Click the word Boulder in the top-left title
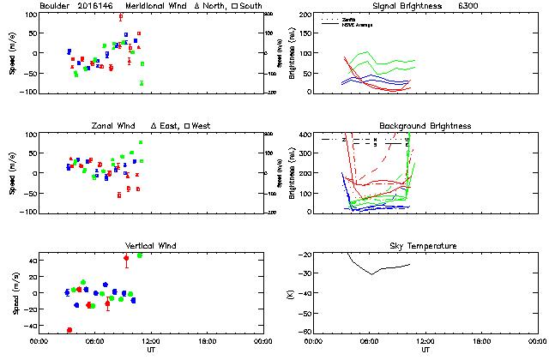pyautogui.click(x=55, y=6)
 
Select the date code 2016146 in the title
pyautogui.click(x=96, y=6)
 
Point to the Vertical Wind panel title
pyautogui.click(x=148, y=246)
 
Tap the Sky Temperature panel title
pyautogui.click(x=424, y=246)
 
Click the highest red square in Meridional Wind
pyautogui.click(x=121, y=16)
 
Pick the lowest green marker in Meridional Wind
pyautogui.click(x=142, y=83)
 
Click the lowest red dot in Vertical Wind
pyautogui.click(x=69, y=330)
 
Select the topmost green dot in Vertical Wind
pyautogui.click(x=140, y=255)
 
